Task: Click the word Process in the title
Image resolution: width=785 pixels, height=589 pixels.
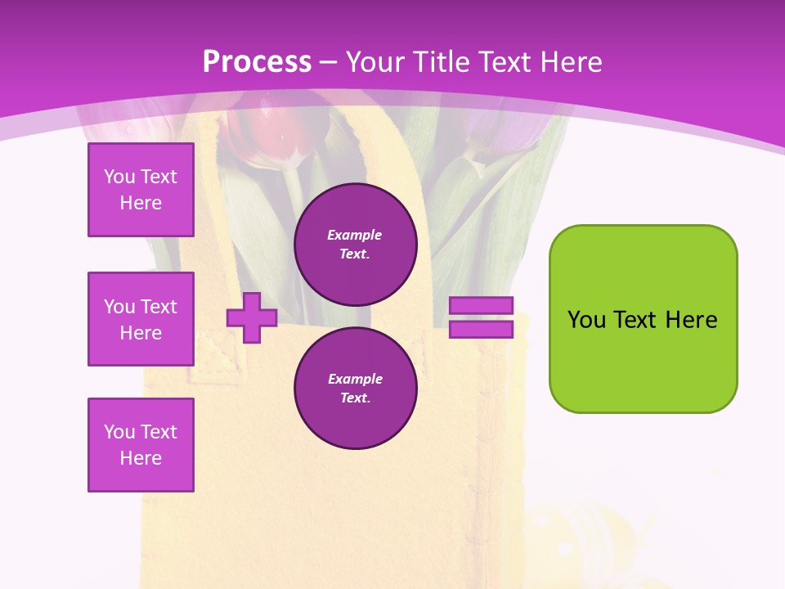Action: (x=257, y=62)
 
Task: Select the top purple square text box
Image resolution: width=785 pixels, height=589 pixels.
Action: (x=141, y=190)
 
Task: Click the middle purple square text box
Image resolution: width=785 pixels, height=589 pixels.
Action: (x=141, y=319)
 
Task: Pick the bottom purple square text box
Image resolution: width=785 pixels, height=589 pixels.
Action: (x=141, y=445)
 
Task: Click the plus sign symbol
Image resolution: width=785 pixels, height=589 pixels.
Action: (x=252, y=317)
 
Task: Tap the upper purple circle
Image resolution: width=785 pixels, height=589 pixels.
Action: (x=356, y=244)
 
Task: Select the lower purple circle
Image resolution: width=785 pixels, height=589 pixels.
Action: (x=356, y=388)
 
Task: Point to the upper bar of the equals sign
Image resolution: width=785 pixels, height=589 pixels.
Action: (x=481, y=305)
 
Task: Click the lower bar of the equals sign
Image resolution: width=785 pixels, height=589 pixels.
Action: (x=481, y=329)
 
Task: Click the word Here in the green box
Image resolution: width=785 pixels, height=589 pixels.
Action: (x=691, y=320)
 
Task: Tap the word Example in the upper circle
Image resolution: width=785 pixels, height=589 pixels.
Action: (x=355, y=235)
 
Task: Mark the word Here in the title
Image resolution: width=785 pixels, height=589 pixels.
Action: (x=568, y=62)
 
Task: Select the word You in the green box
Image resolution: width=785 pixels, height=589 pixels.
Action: (x=586, y=320)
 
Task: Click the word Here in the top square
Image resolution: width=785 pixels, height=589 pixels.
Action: (x=141, y=203)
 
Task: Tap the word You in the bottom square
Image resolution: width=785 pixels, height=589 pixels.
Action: (x=119, y=432)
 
